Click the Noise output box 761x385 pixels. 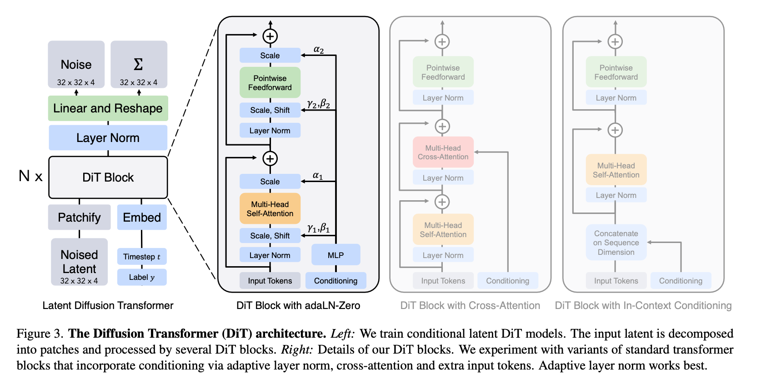[x=76, y=65]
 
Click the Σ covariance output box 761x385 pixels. [x=139, y=65]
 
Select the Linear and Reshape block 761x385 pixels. [x=108, y=108]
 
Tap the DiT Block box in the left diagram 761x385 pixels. [x=108, y=177]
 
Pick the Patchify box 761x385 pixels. [x=79, y=218]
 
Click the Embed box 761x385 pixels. [x=142, y=218]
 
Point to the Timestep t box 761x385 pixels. [x=142, y=257]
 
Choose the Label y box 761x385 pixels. [x=142, y=277]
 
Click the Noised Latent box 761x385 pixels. [x=79, y=262]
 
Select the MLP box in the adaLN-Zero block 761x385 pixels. [x=335, y=255]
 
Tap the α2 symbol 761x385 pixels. [x=319, y=50]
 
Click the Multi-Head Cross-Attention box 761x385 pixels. [x=443, y=152]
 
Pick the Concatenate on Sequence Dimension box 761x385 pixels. [x=616, y=243]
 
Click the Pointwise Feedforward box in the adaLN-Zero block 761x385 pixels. [x=270, y=83]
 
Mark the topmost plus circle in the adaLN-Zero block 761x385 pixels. [x=270, y=36]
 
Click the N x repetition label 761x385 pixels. [x=30, y=176]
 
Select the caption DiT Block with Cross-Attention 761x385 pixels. [x=470, y=305]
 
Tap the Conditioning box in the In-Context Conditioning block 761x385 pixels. [x=681, y=281]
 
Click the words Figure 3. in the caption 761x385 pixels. [x=40, y=334]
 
